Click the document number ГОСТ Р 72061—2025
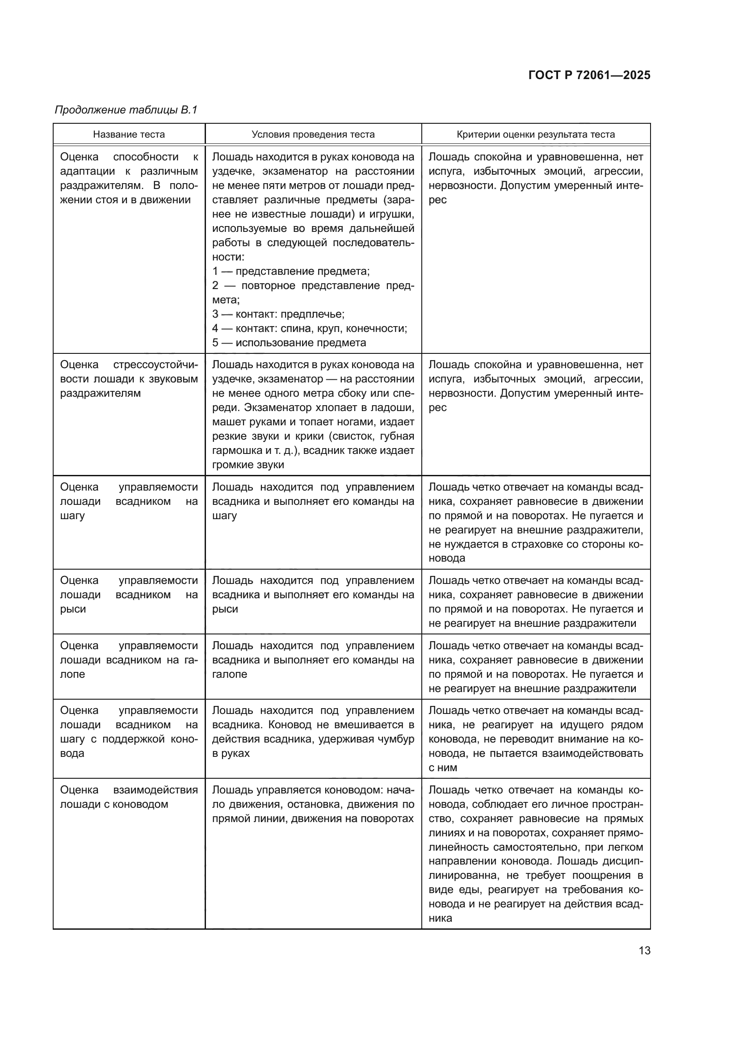589,75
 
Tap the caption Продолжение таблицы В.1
126,110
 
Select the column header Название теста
129,134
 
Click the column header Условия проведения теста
313,134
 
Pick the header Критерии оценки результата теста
536,134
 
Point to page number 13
644,950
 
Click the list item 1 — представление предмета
291,271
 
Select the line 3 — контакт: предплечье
278,314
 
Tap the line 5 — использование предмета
290,343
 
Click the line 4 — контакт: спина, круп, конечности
310,328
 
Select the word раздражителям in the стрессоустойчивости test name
101,393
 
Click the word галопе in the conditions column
229,674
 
